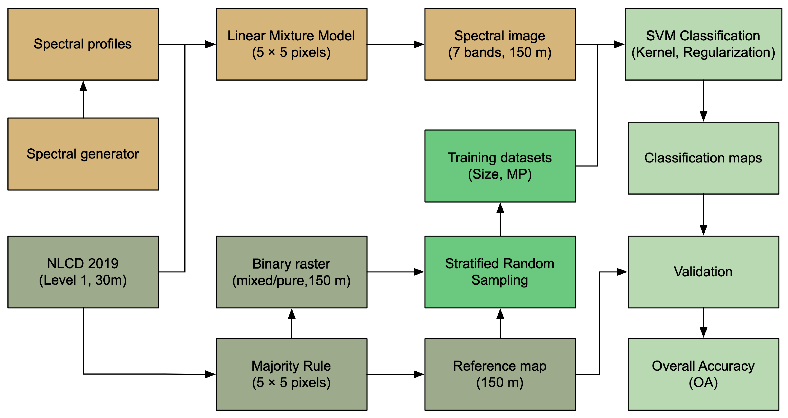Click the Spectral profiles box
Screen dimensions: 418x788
[83, 44]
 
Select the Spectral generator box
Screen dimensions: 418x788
[83, 154]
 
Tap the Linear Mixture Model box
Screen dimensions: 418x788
[292, 44]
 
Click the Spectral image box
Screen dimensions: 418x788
[500, 44]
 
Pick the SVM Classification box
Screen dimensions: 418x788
[703, 44]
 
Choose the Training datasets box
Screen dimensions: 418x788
[500, 166]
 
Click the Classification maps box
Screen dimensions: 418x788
[703, 158]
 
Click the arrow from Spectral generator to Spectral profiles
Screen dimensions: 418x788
[83, 100]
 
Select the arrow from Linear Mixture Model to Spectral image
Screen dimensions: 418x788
[396, 44]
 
